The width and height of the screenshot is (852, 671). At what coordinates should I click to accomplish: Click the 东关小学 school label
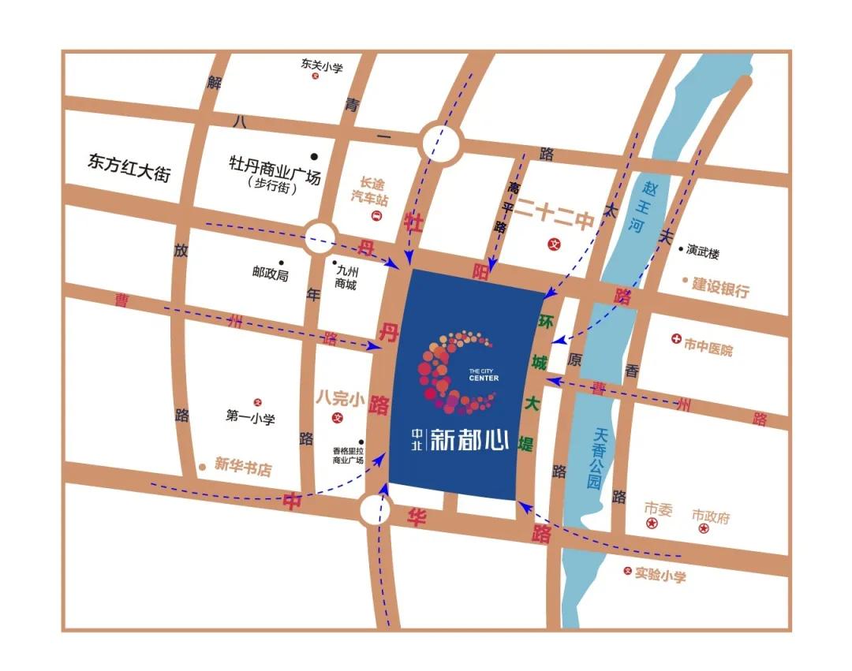322,65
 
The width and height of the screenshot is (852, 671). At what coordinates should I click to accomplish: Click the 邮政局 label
271,274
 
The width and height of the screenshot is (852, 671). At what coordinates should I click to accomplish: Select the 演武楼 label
703,252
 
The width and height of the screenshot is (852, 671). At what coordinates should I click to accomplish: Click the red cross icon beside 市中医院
675,340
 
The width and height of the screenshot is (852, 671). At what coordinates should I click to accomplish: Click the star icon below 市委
652,524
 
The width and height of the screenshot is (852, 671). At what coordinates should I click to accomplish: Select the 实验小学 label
660,576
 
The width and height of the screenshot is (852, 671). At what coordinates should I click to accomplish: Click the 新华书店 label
242,468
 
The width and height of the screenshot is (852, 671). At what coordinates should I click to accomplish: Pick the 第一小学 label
250,418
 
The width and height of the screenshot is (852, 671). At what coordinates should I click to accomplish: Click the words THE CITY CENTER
483,375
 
